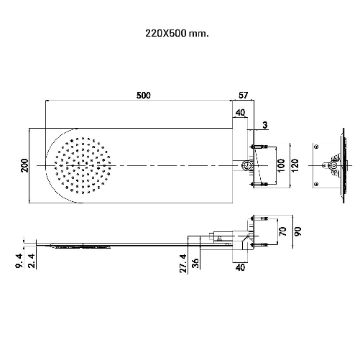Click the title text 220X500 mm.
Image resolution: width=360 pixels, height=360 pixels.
pyautogui.click(x=177, y=33)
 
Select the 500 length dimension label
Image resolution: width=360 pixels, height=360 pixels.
pyautogui.click(x=144, y=96)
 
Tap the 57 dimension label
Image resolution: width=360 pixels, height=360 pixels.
pyautogui.click(x=243, y=95)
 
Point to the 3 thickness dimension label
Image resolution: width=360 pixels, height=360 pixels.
pyautogui.click(x=265, y=125)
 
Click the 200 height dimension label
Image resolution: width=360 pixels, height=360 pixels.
pyautogui.click(x=24, y=165)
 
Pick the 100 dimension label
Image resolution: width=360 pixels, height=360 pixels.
pyautogui.click(x=281, y=165)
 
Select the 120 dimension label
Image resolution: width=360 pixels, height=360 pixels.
pyautogui.click(x=295, y=165)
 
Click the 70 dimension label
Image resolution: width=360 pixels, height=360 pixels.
pyautogui.click(x=283, y=231)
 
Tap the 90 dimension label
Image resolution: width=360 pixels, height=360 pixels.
pyautogui.click(x=297, y=231)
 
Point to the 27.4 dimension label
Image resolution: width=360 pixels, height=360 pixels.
pyautogui.click(x=183, y=264)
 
